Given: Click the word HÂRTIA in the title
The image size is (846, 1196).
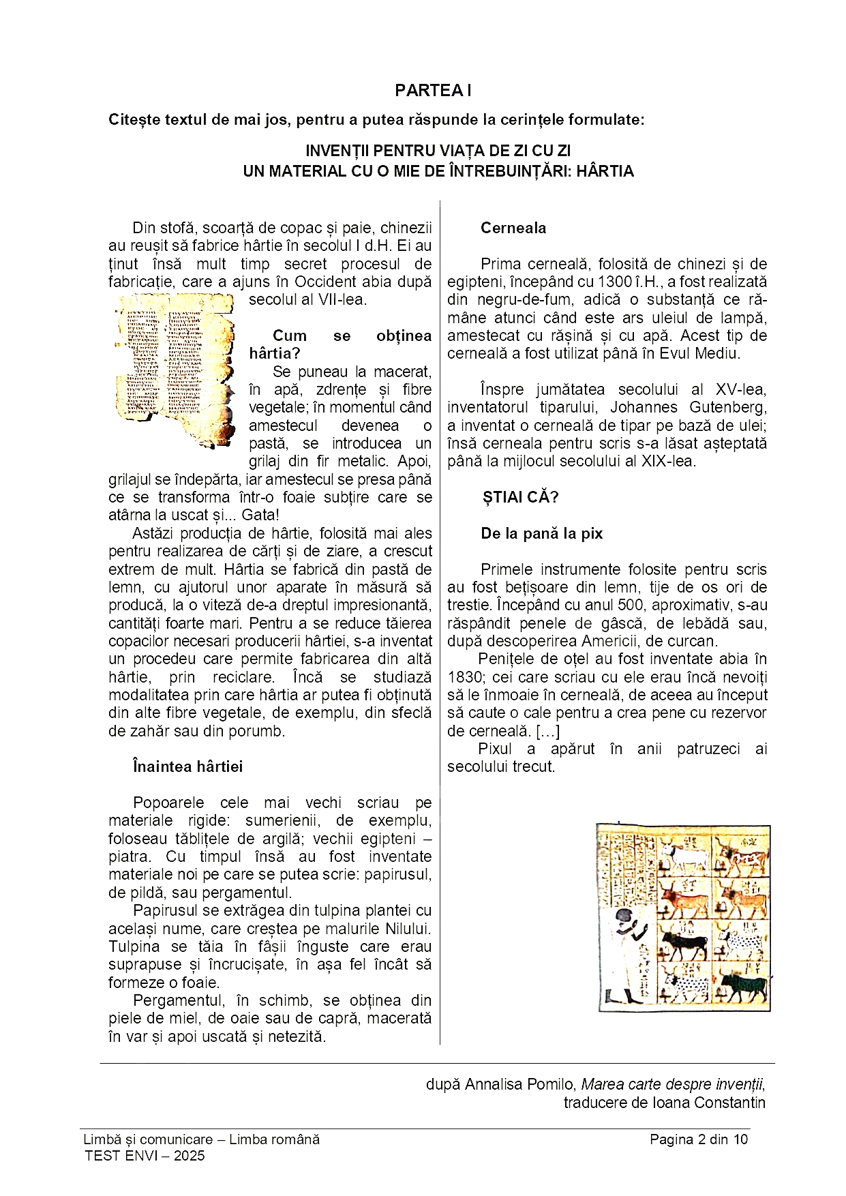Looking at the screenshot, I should tap(605, 171).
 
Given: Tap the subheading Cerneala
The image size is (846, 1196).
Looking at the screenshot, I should tap(513, 228).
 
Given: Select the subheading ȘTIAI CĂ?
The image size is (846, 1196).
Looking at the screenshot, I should tap(520, 497).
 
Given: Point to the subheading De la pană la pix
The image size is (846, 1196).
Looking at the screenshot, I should tap(541, 534).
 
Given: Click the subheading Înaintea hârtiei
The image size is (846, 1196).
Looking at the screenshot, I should tap(187, 766).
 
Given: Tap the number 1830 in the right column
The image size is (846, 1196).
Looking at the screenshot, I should tap(464, 677).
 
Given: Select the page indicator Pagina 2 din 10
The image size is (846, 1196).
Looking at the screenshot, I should tap(698, 1139).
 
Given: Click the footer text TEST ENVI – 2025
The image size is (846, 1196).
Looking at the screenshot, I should tap(145, 1155).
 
